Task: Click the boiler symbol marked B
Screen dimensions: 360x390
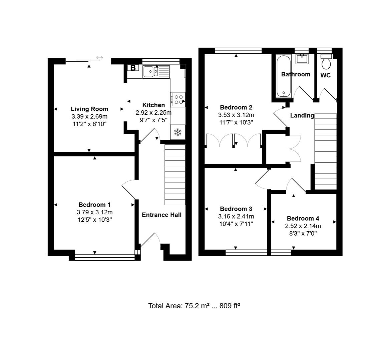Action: coord(133,68)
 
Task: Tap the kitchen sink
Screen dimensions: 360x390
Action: coord(156,72)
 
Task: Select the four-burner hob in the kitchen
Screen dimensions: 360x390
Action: coord(178,99)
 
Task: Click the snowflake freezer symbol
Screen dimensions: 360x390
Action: coord(178,132)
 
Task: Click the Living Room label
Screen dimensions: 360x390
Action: coord(89,109)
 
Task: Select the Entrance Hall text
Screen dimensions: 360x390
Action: coord(161,215)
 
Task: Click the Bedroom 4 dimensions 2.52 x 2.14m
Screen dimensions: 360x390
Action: coord(303,226)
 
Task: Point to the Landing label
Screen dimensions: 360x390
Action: coord(302,116)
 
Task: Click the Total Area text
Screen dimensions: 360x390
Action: coord(194,306)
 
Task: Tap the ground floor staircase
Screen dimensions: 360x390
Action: coord(175,175)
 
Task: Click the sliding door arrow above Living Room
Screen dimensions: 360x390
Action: coord(99,58)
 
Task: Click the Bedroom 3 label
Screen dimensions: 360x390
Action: coord(236,209)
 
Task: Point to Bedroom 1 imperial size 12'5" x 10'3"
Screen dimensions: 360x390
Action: coord(94,220)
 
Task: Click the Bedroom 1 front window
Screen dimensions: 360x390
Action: coord(104,257)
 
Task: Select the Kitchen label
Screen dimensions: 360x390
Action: coord(153,105)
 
